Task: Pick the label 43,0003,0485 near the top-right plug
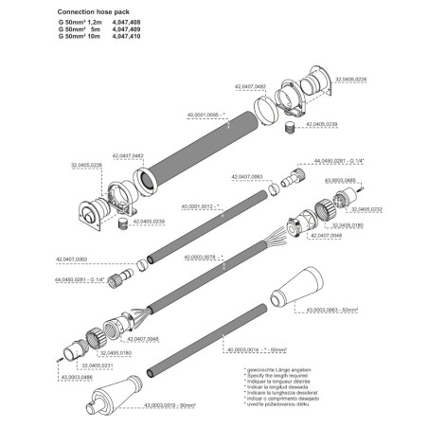point(342,179)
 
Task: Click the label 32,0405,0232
point(363,209)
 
